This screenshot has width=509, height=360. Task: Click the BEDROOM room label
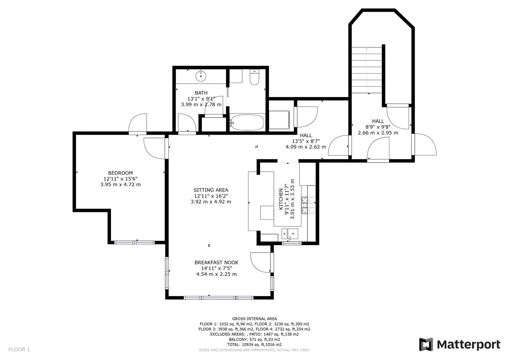(121, 173)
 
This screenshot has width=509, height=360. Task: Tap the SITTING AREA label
(211, 190)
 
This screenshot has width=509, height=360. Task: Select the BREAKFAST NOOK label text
(216, 262)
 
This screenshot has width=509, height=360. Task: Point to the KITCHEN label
(281, 199)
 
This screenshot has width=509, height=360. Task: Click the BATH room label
(201, 93)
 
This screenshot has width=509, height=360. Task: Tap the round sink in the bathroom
(201, 76)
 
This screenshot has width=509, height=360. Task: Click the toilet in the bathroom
(254, 77)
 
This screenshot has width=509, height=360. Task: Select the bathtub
(247, 123)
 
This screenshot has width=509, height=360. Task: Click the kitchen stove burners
(308, 205)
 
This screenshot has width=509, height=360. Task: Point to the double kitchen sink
(290, 234)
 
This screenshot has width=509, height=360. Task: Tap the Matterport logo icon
(426, 344)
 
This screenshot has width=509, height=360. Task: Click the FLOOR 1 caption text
(19, 350)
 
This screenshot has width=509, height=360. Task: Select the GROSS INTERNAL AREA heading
(254, 319)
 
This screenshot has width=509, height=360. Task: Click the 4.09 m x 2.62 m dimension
(306, 147)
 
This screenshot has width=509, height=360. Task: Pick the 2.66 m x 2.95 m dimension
(378, 133)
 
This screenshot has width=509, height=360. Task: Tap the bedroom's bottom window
(134, 242)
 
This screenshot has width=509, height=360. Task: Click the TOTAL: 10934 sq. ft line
(254, 345)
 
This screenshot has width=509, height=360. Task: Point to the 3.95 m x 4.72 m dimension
(121, 184)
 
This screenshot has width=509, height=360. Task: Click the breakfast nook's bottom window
(219, 298)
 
